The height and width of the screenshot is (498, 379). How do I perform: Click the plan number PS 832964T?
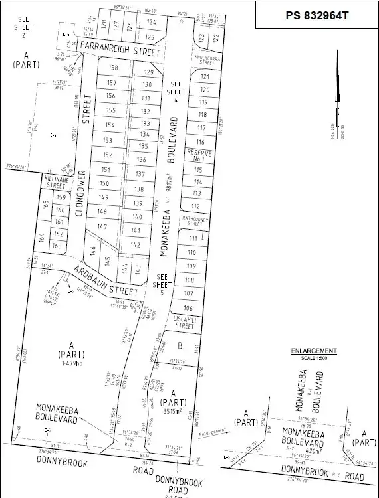coord(316,15)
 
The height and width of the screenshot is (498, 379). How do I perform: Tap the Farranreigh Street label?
coord(120,48)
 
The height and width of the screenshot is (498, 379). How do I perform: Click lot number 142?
coord(136,244)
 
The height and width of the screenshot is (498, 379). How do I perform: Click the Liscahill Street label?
coord(185,323)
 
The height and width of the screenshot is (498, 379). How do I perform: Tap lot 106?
coord(188,308)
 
